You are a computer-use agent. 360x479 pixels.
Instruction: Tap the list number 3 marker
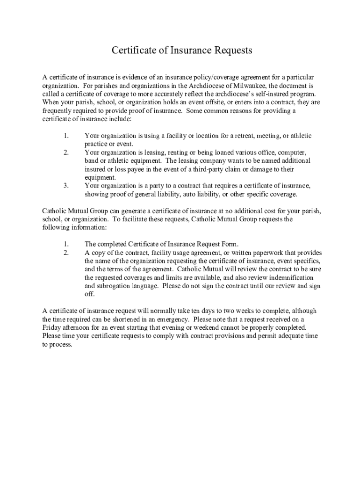point(66,186)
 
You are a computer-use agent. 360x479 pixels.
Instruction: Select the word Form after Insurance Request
point(229,244)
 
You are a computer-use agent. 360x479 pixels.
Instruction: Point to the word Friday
point(51,328)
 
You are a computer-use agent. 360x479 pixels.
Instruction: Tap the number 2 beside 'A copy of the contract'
point(66,253)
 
